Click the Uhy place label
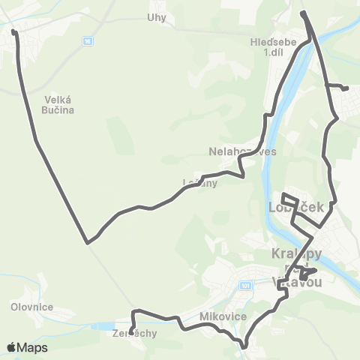coord(156,16)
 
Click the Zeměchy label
coord(135,334)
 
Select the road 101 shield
coord(245,286)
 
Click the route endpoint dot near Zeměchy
coord(130,331)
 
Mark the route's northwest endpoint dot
coord(13,31)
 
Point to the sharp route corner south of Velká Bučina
coord(88,242)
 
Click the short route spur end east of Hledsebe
coord(346,88)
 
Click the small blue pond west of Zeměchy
coord(101,326)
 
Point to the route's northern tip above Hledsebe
coord(302,13)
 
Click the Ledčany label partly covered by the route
coord(199,182)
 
